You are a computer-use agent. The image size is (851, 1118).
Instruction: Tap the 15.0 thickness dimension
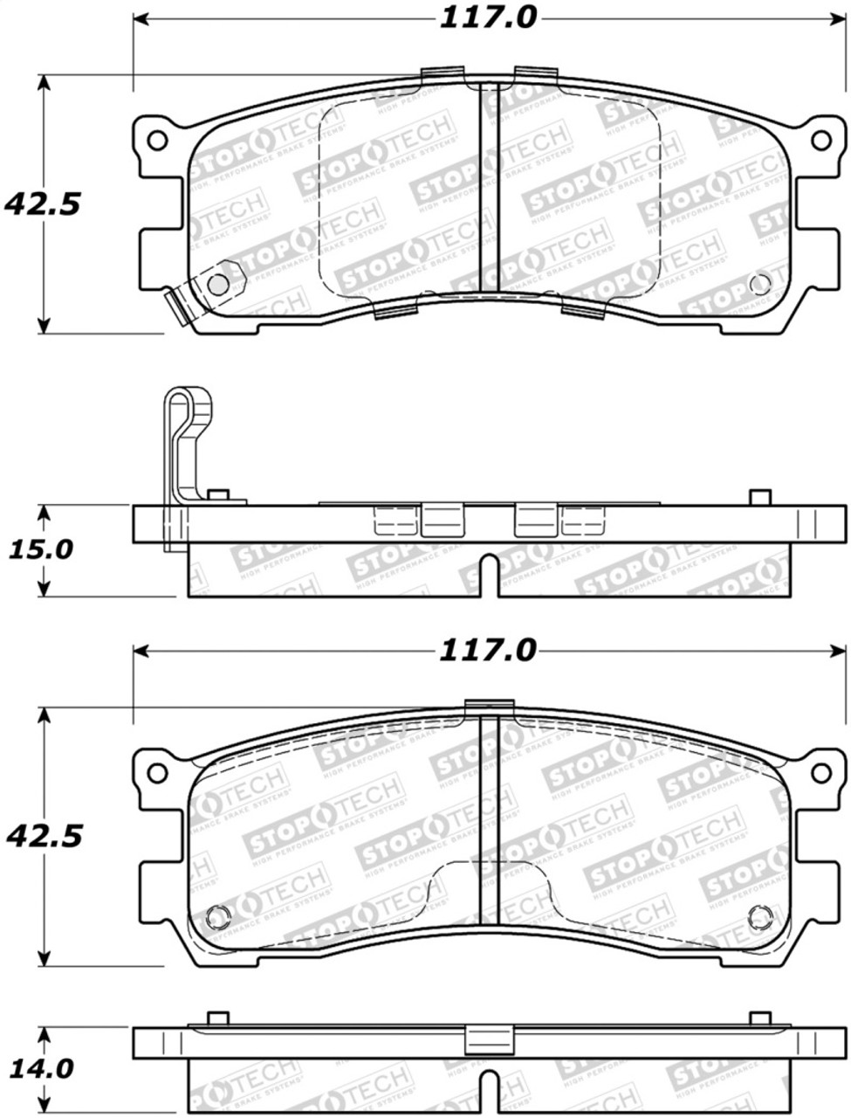click(x=42, y=549)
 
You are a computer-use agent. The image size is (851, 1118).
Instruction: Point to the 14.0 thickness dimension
click(x=42, y=1068)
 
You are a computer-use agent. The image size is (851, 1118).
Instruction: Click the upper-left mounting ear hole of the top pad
click(x=156, y=140)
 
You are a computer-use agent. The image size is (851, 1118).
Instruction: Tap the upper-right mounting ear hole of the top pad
click(x=820, y=140)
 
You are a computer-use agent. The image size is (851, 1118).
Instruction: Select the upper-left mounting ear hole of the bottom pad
click(x=156, y=772)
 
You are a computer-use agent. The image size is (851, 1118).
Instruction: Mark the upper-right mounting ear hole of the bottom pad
click(x=820, y=772)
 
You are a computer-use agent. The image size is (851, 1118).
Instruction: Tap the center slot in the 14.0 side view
click(x=490, y=1092)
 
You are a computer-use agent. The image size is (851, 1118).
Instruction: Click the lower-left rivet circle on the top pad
click(x=217, y=284)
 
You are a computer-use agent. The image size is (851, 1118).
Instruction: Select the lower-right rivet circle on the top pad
click(x=759, y=284)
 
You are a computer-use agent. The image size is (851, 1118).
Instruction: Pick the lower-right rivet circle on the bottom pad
click(x=759, y=915)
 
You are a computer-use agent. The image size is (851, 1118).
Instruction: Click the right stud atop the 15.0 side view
click(x=760, y=497)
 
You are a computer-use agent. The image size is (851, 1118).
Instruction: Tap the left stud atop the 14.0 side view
click(x=218, y=1018)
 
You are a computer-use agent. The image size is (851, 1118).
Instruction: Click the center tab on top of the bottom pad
click(x=489, y=706)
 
